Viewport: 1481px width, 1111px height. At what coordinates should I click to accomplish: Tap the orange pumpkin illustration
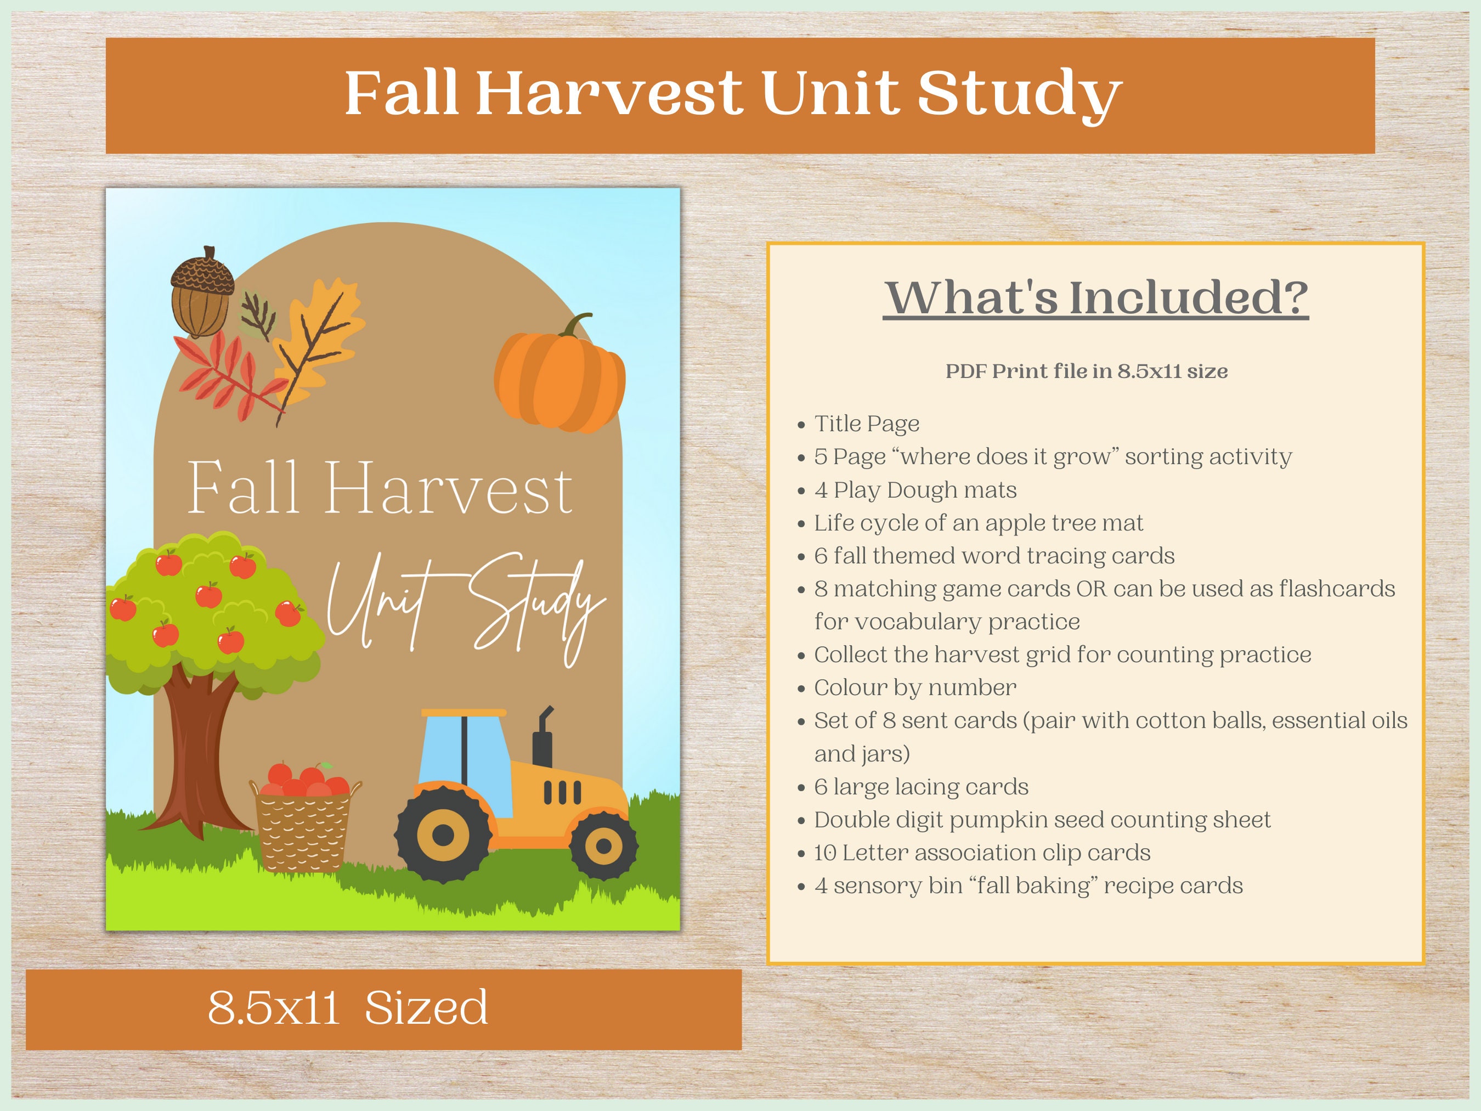tap(559, 376)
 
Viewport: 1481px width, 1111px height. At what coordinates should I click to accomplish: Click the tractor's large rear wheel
tap(443, 834)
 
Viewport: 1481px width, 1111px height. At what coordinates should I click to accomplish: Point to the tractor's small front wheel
tap(603, 845)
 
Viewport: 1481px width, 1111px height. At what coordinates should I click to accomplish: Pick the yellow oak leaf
tap(320, 338)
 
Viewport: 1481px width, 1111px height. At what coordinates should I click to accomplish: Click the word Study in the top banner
tap(1019, 94)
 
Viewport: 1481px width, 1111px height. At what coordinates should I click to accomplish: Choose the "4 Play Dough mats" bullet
tap(914, 490)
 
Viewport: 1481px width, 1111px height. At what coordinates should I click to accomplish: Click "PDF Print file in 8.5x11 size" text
tap(1086, 371)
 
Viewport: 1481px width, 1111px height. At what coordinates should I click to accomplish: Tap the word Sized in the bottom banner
tap(427, 1007)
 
